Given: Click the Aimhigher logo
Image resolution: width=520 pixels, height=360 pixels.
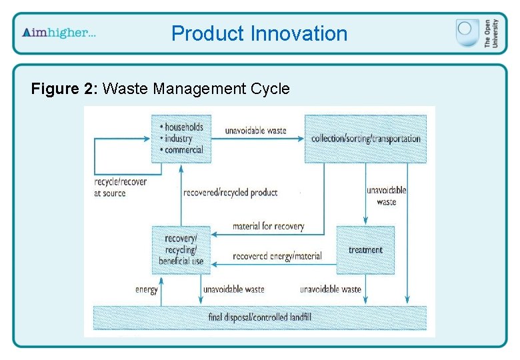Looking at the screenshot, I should [x=59, y=33].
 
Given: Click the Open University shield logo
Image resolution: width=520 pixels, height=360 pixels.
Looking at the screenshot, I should [x=467, y=33].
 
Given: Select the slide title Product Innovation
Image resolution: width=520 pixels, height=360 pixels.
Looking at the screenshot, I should [x=259, y=33].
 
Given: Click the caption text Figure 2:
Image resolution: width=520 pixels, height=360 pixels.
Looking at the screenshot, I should [x=65, y=88].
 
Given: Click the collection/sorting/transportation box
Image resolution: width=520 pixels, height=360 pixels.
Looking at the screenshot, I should [x=365, y=139].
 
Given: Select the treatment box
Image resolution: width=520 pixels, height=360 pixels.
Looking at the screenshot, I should [x=365, y=250].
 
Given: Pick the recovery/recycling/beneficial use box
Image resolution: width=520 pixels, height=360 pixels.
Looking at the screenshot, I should [x=181, y=250].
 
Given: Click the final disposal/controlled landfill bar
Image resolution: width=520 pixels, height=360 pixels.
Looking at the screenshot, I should [x=259, y=317].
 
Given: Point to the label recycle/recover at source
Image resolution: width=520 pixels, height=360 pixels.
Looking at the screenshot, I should [x=121, y=187].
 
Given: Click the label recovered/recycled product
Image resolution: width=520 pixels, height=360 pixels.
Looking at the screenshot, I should [x=230, y=193].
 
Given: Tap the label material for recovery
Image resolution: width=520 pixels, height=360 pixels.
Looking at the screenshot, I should [x=268, y=226].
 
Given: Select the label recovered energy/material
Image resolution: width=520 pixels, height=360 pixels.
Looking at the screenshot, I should [x=277, y=256].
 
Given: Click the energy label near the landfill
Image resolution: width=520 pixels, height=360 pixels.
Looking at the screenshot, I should [x=147, y=289].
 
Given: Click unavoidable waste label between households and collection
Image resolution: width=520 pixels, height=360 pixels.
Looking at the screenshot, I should [x=256, y=130].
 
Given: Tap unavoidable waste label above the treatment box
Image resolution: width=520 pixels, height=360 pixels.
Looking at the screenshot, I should [x=387, y=196].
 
